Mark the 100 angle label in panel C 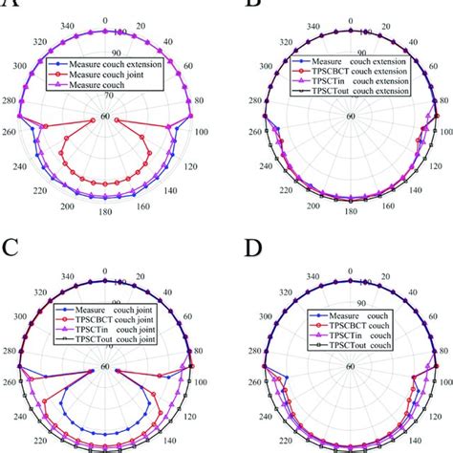coord(202,382)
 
